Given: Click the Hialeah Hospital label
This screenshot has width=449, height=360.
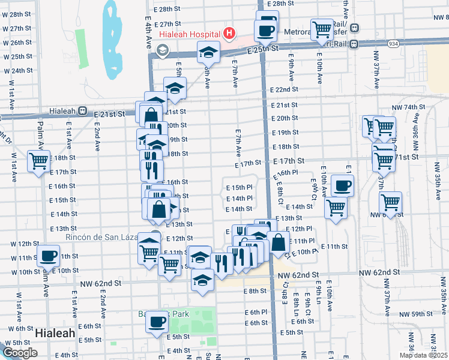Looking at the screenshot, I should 188,34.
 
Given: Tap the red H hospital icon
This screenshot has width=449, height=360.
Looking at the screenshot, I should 228,34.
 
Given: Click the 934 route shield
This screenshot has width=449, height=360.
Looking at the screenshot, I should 409,44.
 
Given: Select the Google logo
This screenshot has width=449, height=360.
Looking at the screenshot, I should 20,353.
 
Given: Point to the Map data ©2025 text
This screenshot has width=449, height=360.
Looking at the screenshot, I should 423,355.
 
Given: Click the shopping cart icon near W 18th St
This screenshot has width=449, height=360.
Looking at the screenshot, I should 39,161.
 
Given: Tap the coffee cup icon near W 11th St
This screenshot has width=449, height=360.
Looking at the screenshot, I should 49,255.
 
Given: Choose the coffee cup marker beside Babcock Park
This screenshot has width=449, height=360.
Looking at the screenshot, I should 157,321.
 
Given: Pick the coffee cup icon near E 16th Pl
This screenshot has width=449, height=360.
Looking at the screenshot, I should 342,185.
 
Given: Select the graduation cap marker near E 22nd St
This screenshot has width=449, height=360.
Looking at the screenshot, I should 175,88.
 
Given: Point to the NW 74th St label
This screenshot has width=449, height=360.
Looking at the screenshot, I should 410,107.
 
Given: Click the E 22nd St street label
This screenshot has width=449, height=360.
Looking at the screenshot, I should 283,89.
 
